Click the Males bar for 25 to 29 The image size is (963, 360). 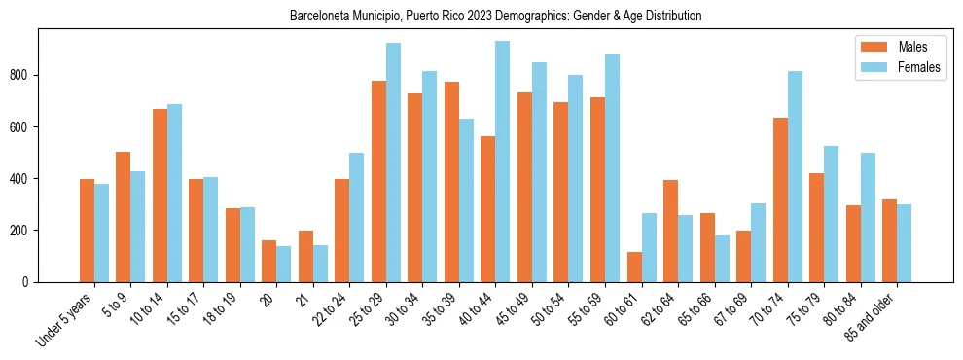(x=378, y=181)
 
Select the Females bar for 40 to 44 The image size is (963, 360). (x=503, y=162)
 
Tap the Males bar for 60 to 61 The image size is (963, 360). (x=634, y=267)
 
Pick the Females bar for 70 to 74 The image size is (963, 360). (x=795, y=176)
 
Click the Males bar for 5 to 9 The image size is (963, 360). (x=124, y=217)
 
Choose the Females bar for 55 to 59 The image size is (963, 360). (x=612, y=168)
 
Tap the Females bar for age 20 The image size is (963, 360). (x=284, y=264)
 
